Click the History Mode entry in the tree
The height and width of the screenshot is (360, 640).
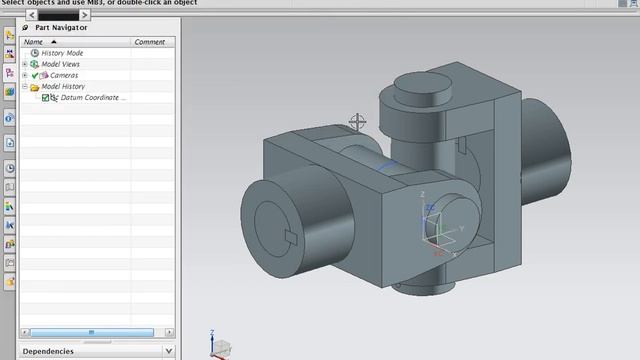click(x=62, y=53)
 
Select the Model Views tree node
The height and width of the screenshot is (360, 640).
click(x=61, y=64)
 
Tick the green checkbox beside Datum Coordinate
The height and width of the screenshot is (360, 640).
click(x=46, y=98)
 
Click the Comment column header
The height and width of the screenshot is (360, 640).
click(x=150, y=42)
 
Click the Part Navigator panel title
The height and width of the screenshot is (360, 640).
click(x=61, y=28)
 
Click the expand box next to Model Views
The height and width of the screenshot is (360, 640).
click(x=24, y=64)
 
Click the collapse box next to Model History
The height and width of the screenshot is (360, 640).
click(x=24, y=87)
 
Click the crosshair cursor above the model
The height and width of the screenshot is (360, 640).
click(x=357, y=122)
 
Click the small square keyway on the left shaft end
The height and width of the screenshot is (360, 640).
click(x=290, y=237)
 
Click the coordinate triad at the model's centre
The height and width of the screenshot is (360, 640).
click(x=432, y=225)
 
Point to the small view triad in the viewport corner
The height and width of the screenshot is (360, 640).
click(x=218, y=344)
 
